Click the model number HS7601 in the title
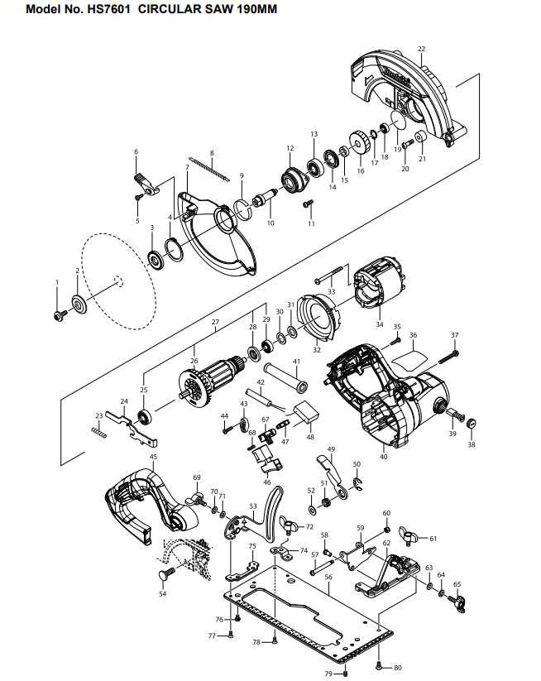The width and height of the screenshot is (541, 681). pos(108,9)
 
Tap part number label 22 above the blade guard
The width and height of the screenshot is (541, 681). pos(422,49)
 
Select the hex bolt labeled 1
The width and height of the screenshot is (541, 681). pos(60,315)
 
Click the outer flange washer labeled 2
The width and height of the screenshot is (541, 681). pos(79,304)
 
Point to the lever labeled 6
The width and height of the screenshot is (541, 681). pos(146,185)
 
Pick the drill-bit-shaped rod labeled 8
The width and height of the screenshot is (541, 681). pos(208,170)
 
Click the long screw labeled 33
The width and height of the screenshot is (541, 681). pos(332,275)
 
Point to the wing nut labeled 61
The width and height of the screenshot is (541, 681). pos(409,535)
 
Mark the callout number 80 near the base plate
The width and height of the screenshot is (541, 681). pos(398,668)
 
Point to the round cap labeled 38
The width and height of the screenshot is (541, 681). pos(472,423)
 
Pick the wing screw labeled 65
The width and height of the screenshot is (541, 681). pos(457,603)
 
